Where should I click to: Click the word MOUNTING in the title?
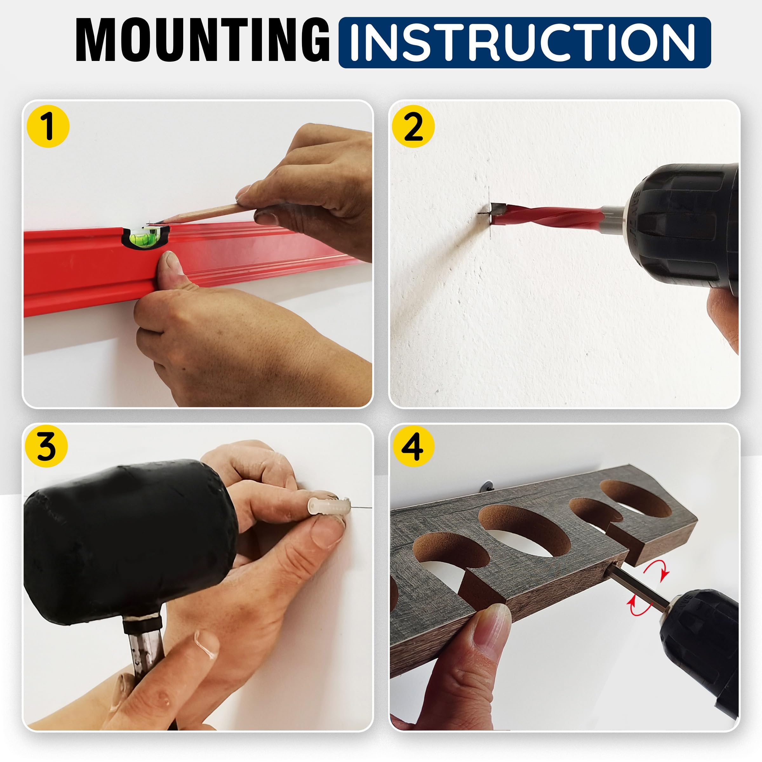coord(203,40)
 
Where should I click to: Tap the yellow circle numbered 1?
coord(48,126)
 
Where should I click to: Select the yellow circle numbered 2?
coord(413,126)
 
